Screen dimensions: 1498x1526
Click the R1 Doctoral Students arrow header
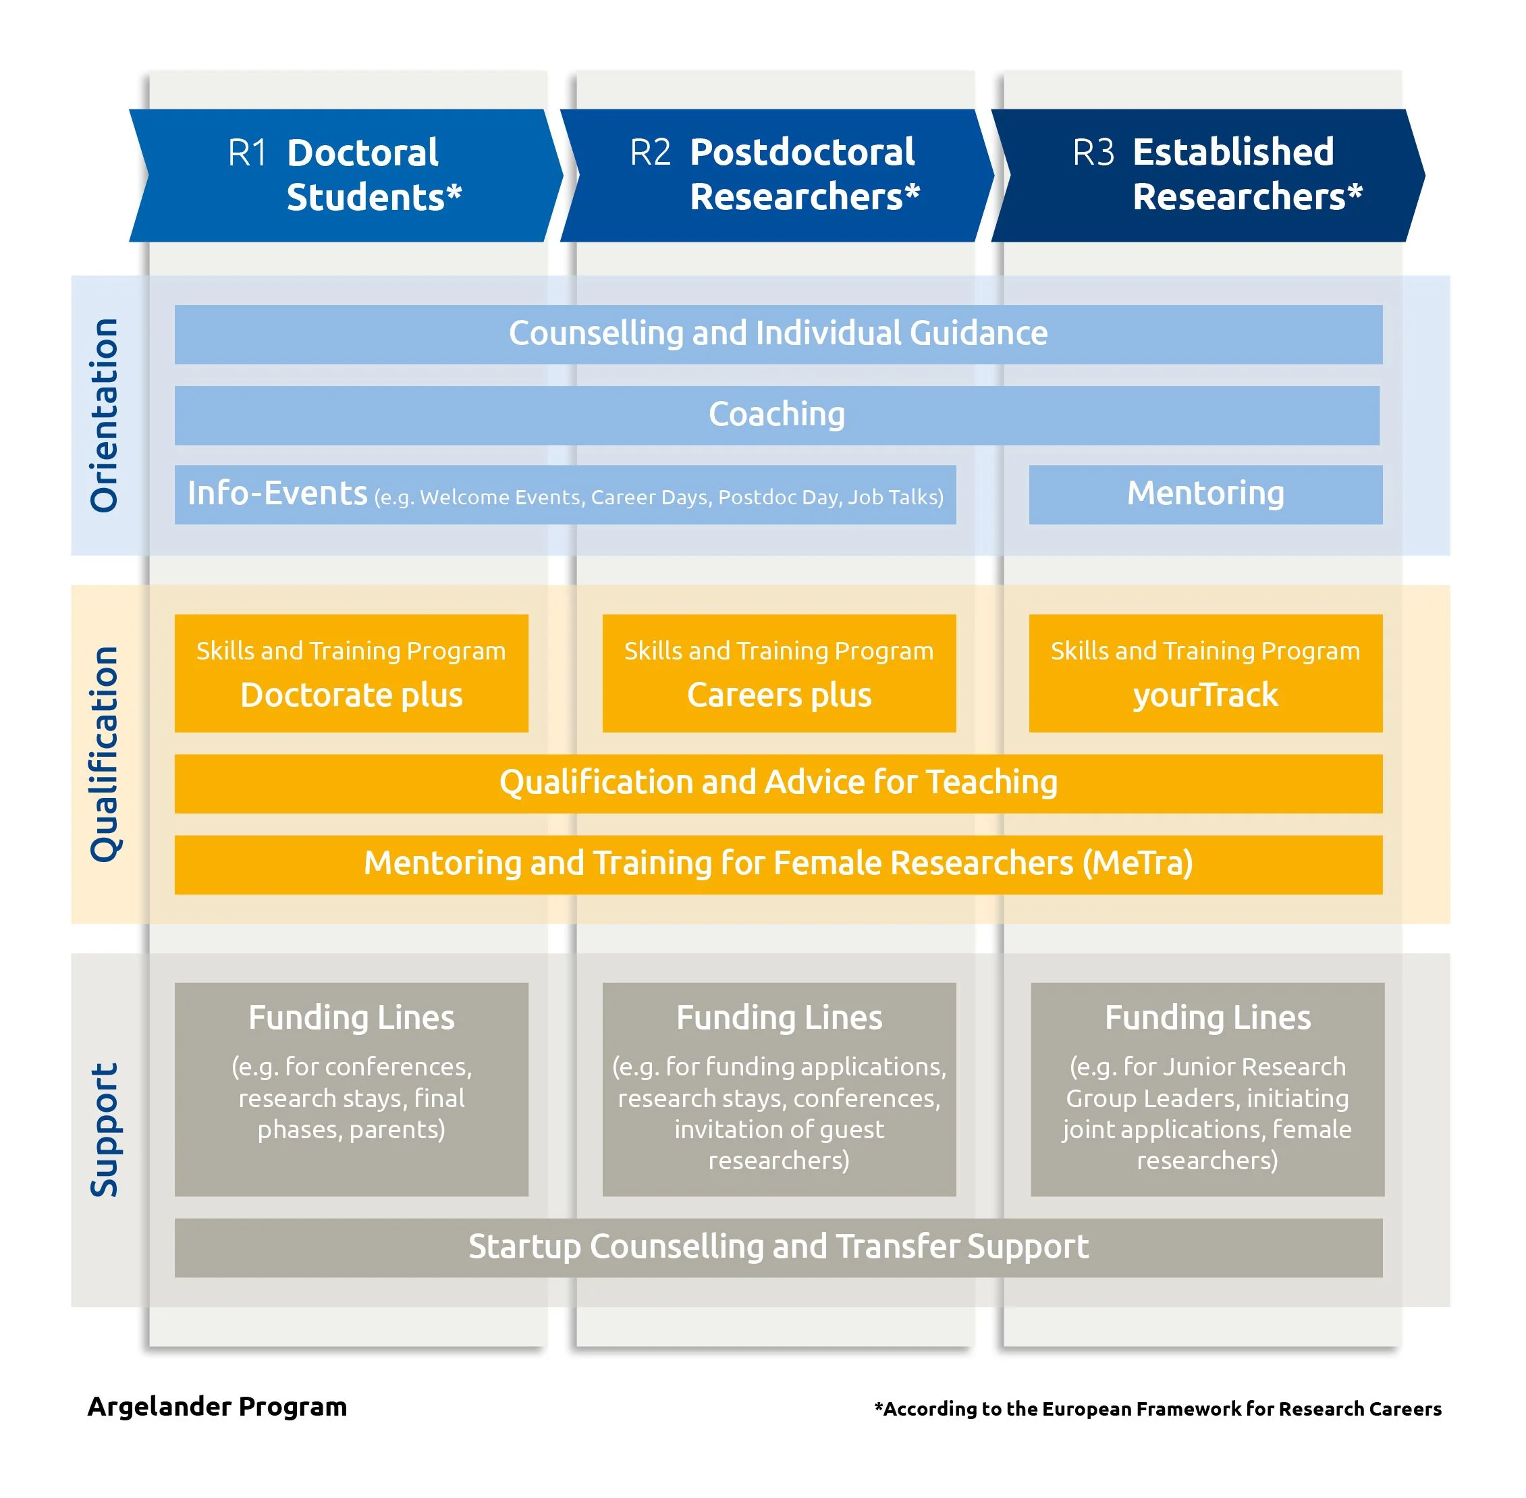pyautogui.click(x=346, y=175)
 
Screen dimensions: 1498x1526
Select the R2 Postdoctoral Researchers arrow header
pyautogui.click(x=776, y=175)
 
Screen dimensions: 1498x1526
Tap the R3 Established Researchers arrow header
pyautogui.click(x=1207, y=175)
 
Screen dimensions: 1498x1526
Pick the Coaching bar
pyautogui.click(x=776, y=414)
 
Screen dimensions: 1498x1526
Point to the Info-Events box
pyautogui.click(x=565, y=494)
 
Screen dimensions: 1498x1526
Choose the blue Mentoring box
pyautogui.click(x=1205, y=494)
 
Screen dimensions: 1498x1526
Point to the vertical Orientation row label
pyautogui.click(x=104, y=414)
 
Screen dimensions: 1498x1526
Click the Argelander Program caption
pyautogui.click(x=217, y=1407)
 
